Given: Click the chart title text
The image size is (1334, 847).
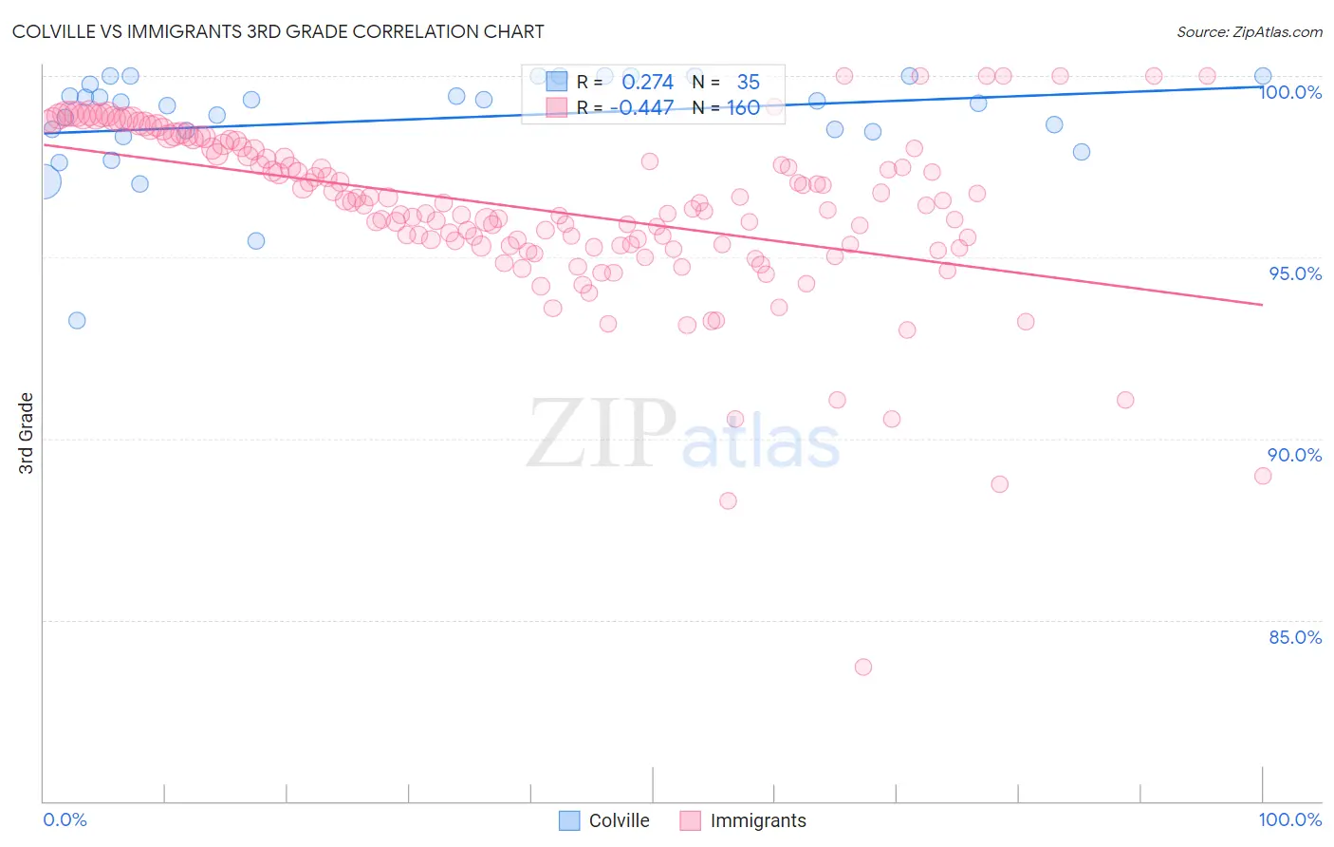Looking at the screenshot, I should coord(278,31).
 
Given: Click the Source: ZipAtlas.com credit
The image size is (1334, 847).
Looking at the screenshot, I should coord(1249,31).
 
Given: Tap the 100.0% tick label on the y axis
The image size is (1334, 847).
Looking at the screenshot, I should coord(1289,92).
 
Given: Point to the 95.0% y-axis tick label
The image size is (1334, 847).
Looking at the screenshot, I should coord(1295,273).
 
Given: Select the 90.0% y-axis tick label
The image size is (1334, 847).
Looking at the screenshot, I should coord(1295,455).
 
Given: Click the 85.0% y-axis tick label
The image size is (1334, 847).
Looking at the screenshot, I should coord(1295,637).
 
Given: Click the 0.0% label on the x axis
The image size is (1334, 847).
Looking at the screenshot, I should coord(65,819).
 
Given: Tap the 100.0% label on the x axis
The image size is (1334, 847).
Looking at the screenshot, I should coord(1289,819).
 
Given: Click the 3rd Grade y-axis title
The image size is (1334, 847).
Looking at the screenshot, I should coord(27,433).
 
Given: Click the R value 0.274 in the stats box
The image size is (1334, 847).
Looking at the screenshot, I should coord(647,83).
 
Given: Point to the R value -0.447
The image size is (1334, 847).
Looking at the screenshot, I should coord(641,107).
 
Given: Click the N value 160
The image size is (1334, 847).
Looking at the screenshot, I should coord(743,107).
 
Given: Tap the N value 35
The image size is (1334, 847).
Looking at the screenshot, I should coord(748,83).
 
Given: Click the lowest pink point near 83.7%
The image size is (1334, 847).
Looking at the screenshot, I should coord(862,667).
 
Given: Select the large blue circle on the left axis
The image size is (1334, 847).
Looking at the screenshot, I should coord(44,180).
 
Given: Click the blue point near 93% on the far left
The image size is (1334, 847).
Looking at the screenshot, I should coord(77,320).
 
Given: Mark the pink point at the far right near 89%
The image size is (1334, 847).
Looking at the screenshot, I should coord(1262,476).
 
